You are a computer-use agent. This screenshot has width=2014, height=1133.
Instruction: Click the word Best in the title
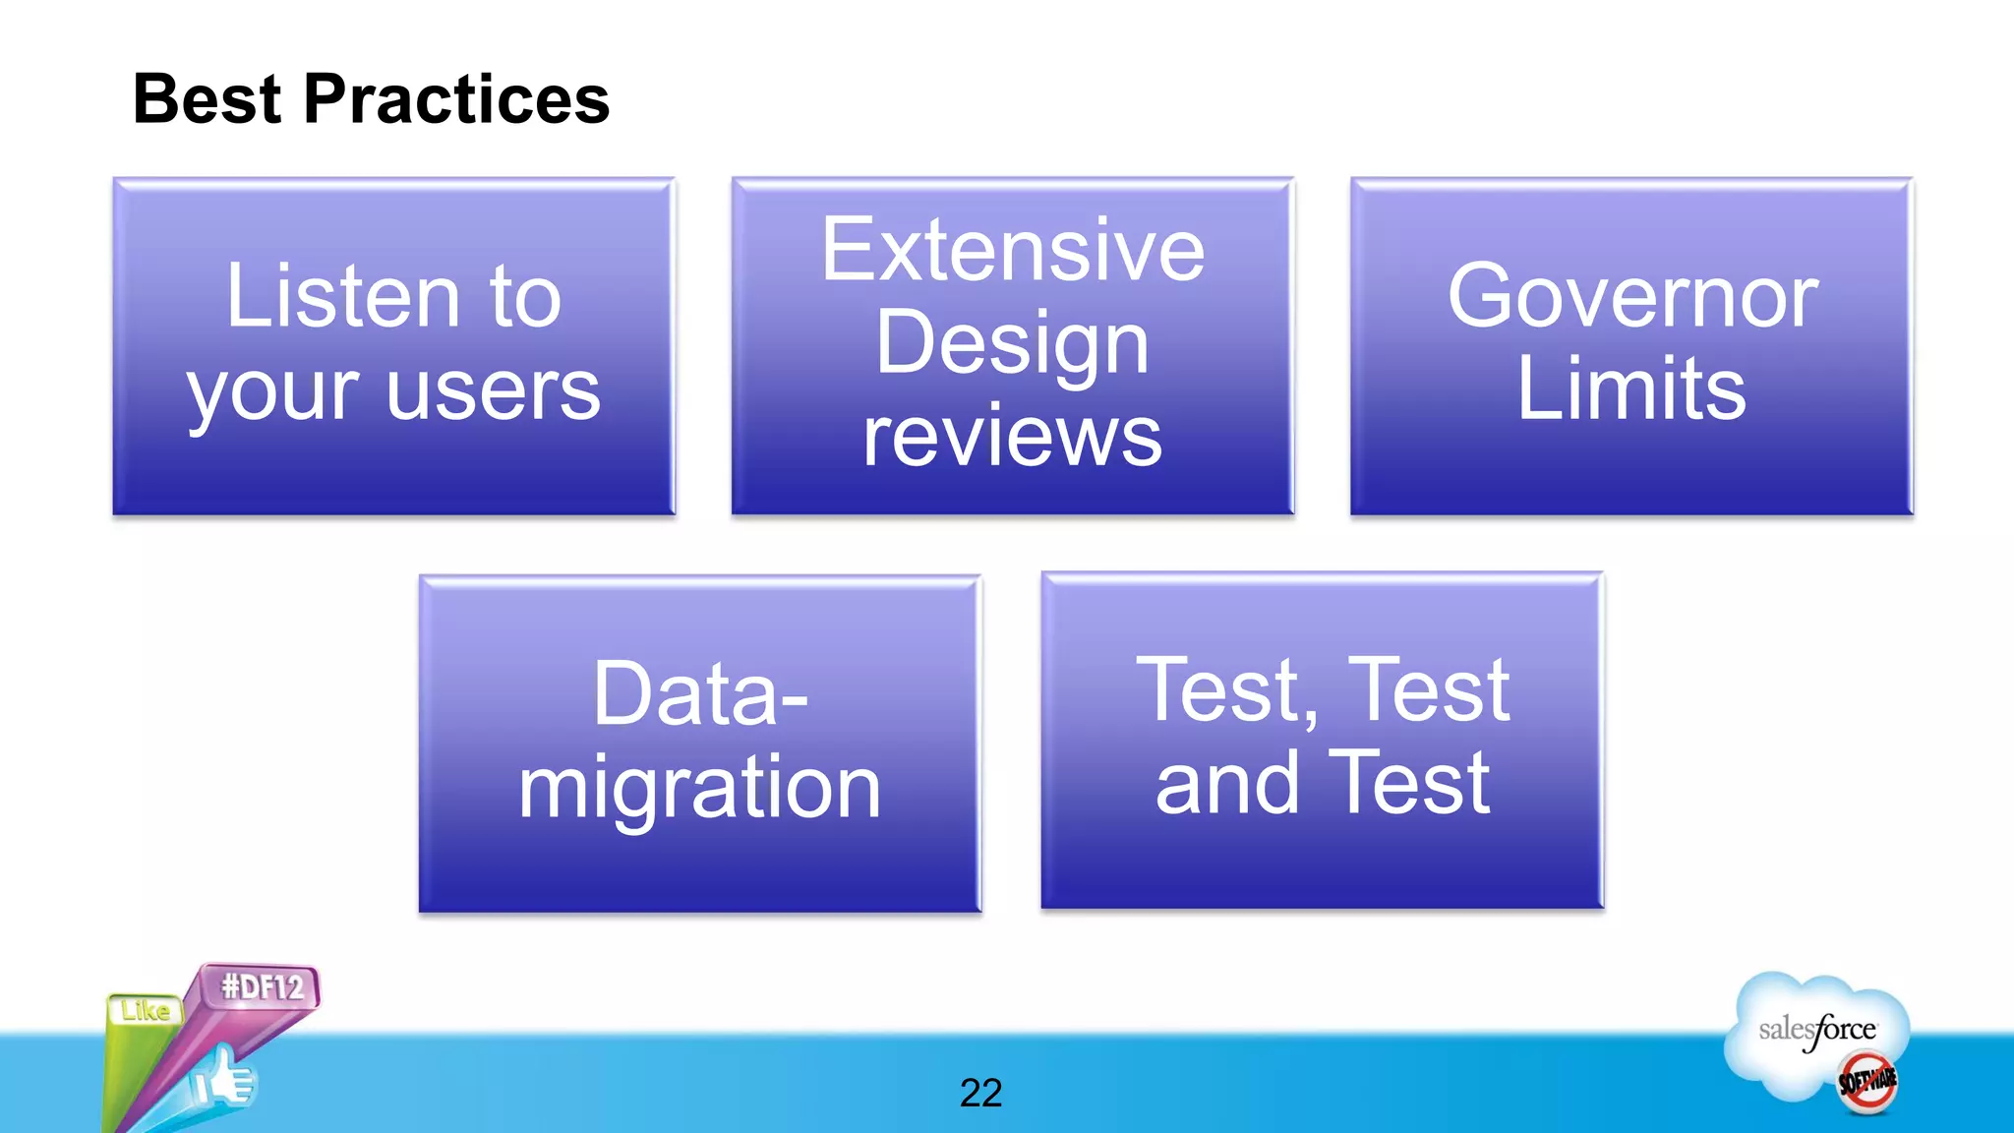(x=207, y=99)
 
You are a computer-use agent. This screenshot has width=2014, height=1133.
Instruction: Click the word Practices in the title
(x=456, y=99)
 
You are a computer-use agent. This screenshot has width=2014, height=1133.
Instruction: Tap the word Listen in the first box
(x=342, y=296)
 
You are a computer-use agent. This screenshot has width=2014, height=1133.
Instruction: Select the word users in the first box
(x=493, y=391)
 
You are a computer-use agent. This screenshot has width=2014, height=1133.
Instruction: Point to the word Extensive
(x=1012, y=251)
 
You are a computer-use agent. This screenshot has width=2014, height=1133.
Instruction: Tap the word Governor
(x=1631, y=296)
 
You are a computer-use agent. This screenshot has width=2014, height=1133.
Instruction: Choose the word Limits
(x=1631, y=389)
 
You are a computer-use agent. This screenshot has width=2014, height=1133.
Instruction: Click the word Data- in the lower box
(x=700, y=694)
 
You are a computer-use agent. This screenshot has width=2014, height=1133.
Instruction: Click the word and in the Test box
(x=1226, y=784)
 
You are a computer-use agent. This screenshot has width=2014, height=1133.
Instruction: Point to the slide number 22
(x=980, y=1093)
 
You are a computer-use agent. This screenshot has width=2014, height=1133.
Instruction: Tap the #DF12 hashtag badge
(x=262, y=986)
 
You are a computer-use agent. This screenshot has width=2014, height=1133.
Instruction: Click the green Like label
(x=145, y=1011)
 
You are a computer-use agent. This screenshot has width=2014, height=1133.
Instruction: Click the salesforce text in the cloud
(x=1816, y=1030)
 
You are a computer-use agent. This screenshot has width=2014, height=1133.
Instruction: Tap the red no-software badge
(x=1866, y=1082)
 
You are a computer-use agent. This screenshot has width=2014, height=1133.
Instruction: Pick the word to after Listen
(x=524, y=296)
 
